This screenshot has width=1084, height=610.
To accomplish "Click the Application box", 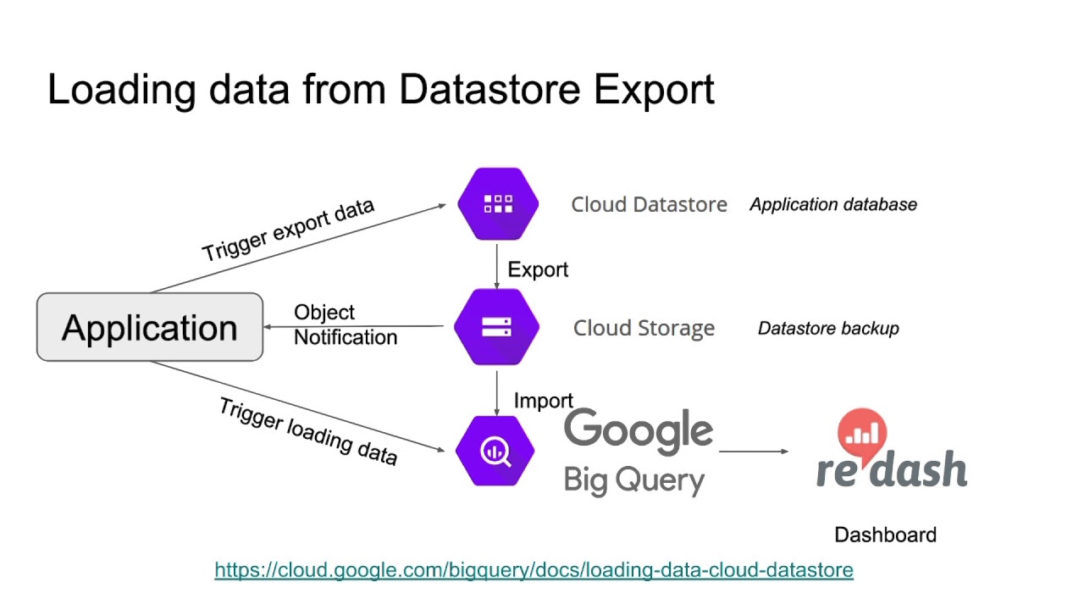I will tap(150, 328).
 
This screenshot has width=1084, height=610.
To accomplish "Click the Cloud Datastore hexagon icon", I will tap(498, 204).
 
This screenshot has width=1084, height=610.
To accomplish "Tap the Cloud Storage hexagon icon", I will tap(496, 327).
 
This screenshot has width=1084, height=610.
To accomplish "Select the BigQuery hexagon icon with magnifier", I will tap(495, 451).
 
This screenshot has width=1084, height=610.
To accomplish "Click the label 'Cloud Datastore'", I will tap(649, 204).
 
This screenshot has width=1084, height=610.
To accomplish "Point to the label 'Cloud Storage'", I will tap(644, 328).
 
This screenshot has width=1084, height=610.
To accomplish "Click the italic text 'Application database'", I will tap(832, 204).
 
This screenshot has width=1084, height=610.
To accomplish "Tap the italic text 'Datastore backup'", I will tap(827, 328).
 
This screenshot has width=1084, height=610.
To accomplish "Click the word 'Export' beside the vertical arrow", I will tap(538, 269).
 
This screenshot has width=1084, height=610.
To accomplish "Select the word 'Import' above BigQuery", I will tap(543, 401).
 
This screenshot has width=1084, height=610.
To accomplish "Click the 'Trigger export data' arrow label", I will tap(288, 230).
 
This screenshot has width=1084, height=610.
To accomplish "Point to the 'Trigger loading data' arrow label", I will tap(308, 430).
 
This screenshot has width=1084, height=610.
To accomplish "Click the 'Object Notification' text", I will tap(345, 325).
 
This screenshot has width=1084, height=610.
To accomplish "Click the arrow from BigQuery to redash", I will tap(753, 452).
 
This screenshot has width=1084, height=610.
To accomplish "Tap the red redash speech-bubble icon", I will tap(861, 433).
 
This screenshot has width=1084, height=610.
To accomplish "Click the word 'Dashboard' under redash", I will tap(885, 535).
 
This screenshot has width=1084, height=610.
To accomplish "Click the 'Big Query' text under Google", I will tap(633, 480).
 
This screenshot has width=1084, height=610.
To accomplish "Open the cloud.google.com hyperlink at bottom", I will tap(534, 570).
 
